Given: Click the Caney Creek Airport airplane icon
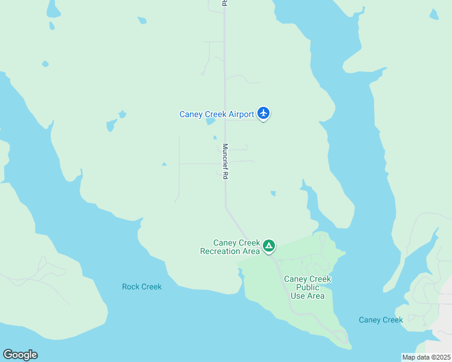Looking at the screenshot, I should [263, 112].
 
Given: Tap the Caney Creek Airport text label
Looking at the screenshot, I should [217, 114].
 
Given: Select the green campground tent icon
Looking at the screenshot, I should [269, 246].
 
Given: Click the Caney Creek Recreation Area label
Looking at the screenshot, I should [230, 247].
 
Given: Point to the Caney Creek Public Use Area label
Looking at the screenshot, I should [308, 287].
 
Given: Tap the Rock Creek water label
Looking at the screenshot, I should [141, 287].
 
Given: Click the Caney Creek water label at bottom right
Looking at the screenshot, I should [381, 320].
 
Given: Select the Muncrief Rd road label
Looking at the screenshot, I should [225, 161].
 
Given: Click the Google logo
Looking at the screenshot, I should [20, 355].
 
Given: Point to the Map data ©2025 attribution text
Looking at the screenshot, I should [426, 357].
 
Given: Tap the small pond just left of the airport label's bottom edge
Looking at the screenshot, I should [210, 121].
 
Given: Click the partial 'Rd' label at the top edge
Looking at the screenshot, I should [224, 3].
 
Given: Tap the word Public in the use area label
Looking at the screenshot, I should [308, 287].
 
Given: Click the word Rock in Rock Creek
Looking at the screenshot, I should [131, 287].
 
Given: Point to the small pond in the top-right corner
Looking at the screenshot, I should [434, 14].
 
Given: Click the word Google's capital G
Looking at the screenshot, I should [7, 355].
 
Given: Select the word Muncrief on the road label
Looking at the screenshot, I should [225, 156].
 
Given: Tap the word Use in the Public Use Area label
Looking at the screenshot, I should [298, 296].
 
